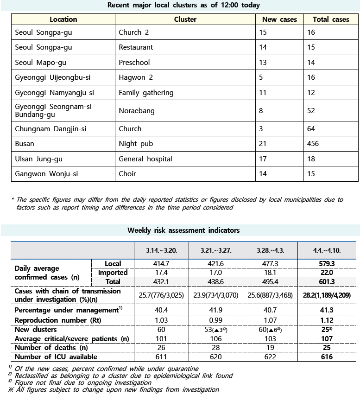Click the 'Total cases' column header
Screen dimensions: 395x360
[x=331, y=19]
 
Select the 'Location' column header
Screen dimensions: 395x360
[x=63, y=19]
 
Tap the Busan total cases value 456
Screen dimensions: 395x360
[x=313, y=144]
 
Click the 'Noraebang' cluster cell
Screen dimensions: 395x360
[x=137, y=111]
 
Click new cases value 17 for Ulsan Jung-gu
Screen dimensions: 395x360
[x=263, y=159]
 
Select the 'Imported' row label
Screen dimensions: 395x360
[x=113, y=273]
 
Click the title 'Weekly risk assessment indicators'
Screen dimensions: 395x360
[x=183, y=230]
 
